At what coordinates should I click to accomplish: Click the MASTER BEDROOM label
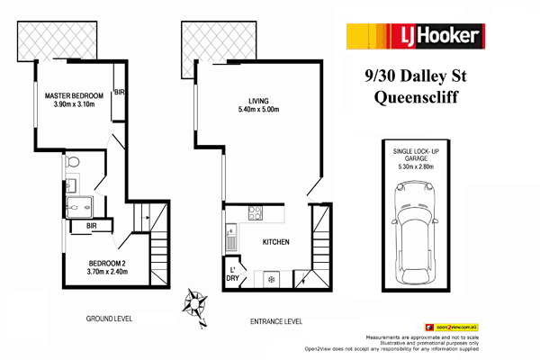click(75, 95)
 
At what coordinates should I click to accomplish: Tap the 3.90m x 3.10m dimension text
click(75, 106)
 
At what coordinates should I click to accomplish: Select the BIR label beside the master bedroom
click(119, 93)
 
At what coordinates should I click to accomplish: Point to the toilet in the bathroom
click(75, 162)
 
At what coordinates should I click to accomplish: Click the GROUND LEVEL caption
click(111, 319)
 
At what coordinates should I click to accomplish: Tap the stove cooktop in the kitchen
click(254, 214)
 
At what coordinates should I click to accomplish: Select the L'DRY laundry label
click(231, 274)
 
